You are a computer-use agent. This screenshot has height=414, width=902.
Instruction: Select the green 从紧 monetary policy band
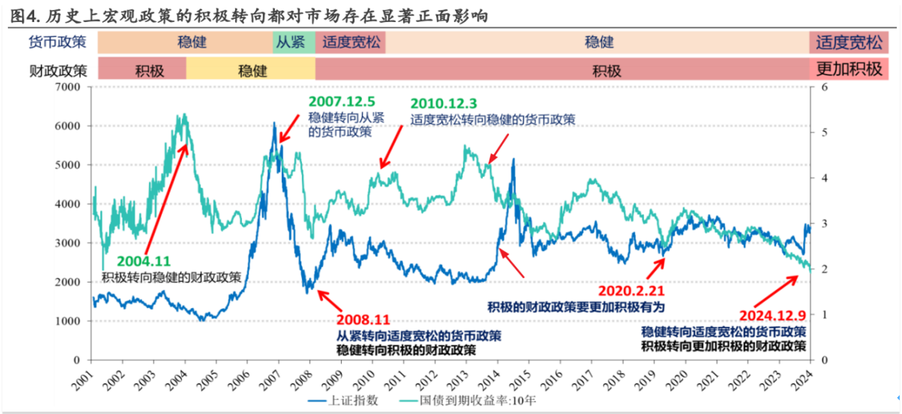pos(293,42)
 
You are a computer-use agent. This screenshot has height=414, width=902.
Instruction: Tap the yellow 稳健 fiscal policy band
pos(250,69)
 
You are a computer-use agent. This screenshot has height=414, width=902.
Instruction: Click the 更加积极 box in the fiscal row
pos(849,69)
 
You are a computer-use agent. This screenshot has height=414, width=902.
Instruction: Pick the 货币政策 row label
pos(58,42)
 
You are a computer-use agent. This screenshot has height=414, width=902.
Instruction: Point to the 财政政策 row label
pos(58,70)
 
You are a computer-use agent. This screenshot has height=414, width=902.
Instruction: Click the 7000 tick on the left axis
pos(74,87)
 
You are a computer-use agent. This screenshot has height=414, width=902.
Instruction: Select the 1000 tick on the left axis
pos(74,321)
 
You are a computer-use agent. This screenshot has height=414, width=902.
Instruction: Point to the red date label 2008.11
pos(363,319)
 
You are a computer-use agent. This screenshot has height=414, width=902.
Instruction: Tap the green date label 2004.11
pos(144,262)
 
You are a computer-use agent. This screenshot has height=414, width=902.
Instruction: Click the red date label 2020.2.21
pos(631,291)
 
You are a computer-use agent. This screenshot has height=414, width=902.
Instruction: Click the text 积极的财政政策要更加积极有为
pos(575,306)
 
